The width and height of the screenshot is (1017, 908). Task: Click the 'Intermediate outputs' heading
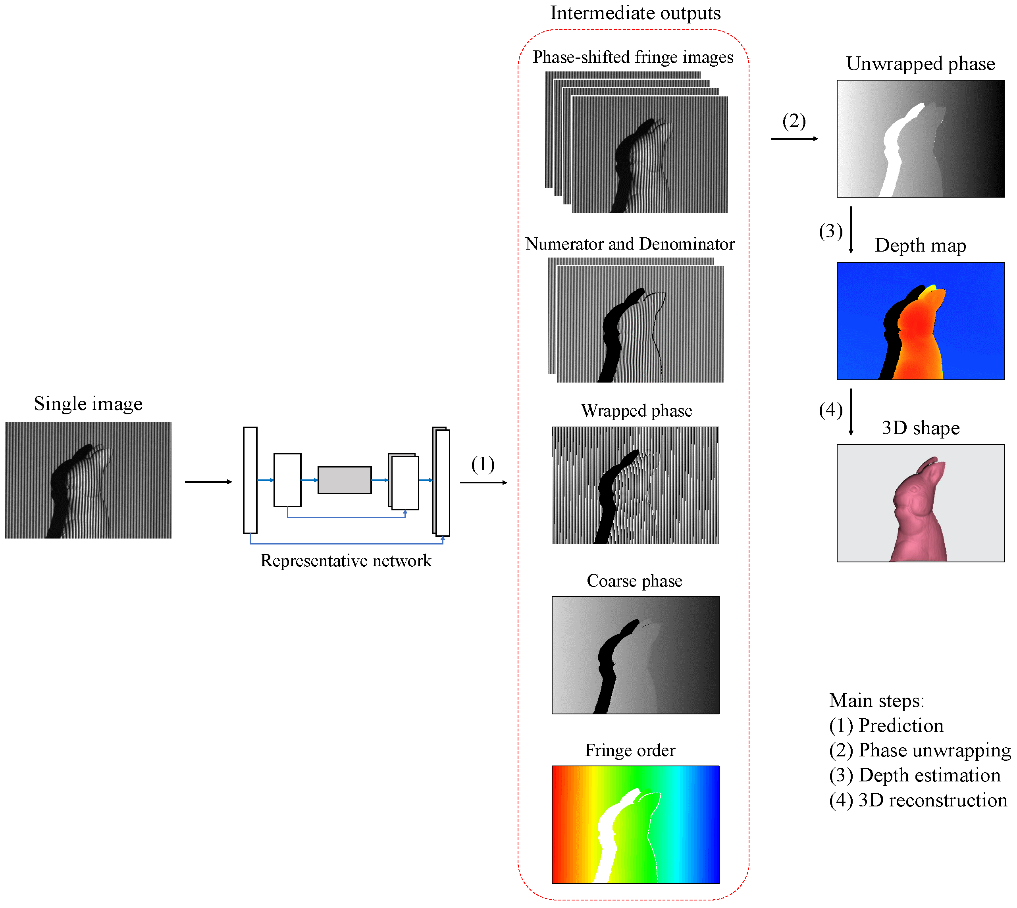tap(635, 13)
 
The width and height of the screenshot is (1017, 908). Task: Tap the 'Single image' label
tap(89, 404)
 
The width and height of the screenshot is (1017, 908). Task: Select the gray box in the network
tap(344, 480)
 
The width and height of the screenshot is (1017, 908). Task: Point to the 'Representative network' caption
tap(346, 561)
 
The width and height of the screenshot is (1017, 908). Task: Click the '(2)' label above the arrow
tap(794, 121)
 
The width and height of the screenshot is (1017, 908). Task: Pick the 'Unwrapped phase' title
tap(920, 64)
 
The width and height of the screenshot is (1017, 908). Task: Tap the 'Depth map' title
tap(920, 246)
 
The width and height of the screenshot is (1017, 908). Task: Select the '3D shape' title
tap(920, 428)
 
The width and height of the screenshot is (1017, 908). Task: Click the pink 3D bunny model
tap(918, 519)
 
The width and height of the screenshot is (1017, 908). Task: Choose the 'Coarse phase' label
tap(634, 581)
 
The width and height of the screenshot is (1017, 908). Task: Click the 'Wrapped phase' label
tap(636, 411)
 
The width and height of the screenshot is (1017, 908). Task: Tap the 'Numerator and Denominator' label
tap(630, 244)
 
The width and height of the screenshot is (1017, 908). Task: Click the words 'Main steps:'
tap(876, 700)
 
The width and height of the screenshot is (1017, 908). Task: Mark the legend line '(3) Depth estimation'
tap(914, 775)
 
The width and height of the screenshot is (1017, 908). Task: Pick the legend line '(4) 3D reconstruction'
tap(918, 800)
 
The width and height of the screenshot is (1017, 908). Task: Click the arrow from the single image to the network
tap(208, 482)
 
